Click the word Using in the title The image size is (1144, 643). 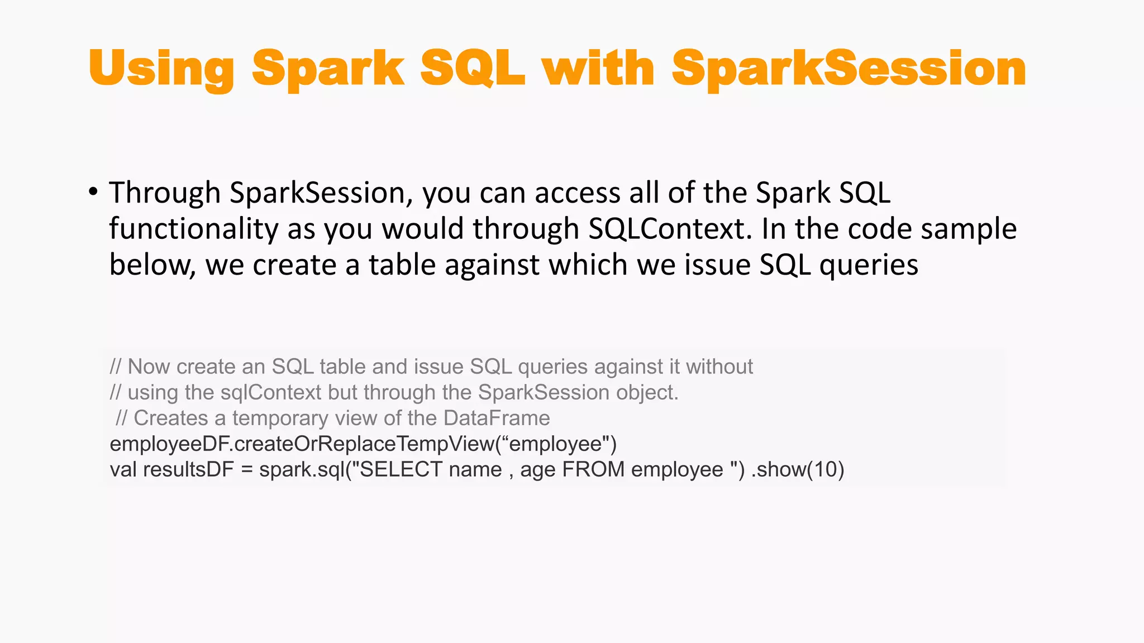161,69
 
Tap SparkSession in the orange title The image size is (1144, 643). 849,69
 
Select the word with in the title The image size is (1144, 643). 598,68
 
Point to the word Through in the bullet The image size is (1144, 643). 165,193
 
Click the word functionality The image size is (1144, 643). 193,229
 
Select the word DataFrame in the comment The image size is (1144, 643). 497,418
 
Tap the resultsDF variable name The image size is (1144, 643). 188,469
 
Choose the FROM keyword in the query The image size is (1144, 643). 593,469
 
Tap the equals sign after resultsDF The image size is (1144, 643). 247,469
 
